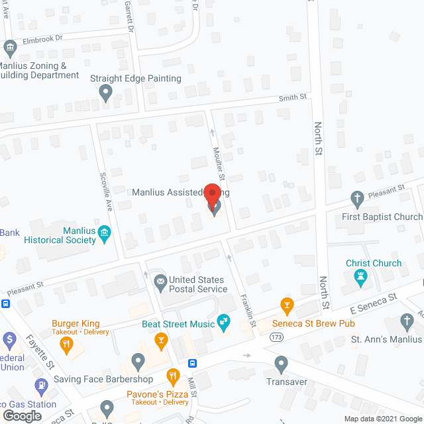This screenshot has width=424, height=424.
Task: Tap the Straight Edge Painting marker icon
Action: click(x=105, y=94)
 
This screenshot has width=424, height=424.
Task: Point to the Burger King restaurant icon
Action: click(x=66, y=343)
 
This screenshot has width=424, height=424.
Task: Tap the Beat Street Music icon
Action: click(x=224, y=323)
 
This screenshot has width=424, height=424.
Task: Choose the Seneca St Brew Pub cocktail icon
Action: click(x=287, y=305)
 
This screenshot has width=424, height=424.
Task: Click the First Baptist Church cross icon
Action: click(x=357, y=198)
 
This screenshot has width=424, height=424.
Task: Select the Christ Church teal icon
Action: click(x=361, y=278)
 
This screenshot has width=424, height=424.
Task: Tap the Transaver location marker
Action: click(x=281, y=363)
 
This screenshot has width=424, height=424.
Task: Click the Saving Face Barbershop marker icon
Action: click(x=138, y=362)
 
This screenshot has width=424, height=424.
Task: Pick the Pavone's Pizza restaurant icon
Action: click(x=173, y=378)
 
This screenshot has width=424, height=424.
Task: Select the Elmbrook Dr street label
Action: click(x=42, y=39)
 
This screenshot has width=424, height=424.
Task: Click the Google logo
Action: click(x=21, y=415)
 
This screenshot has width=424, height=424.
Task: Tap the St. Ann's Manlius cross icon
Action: click(x=407, y=323)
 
